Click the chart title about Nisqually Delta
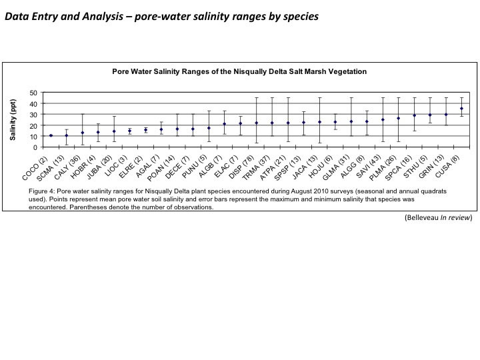pos(239,71)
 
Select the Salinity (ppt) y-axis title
pos(13,119)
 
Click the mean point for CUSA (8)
pos(461,109)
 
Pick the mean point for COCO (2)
pos(51,135)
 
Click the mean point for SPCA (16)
pos(414,115)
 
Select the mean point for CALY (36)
pos(83,133)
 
